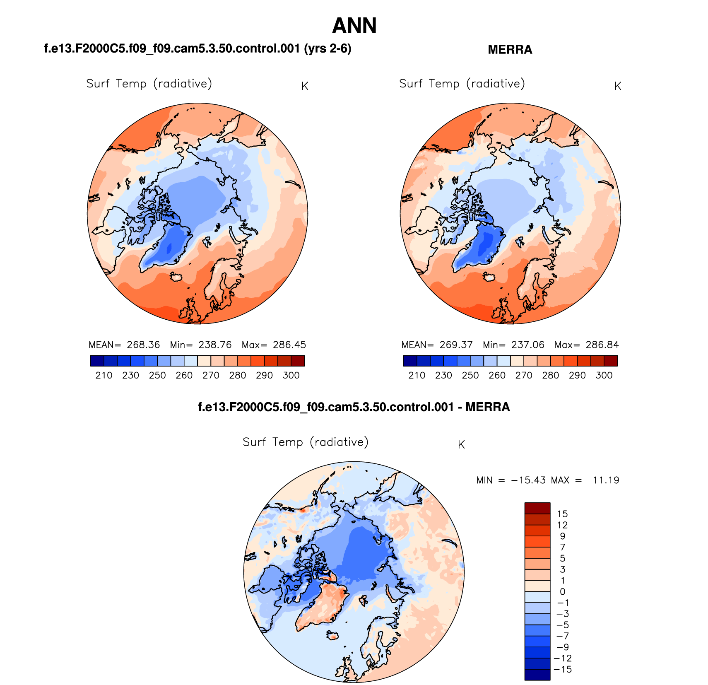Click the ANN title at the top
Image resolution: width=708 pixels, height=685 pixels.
(x=354, y=26)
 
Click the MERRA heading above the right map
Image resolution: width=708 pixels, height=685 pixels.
(x=510, y=50)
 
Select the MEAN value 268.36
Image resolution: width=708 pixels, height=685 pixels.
(x=143, y=345)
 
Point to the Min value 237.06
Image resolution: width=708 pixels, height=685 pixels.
(x=527, y=345)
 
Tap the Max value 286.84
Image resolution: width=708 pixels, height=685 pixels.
(x=602, y=345)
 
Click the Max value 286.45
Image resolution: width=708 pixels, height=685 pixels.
(x=289, y=345)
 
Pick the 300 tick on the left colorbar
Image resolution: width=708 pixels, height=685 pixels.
(x=291, y=375)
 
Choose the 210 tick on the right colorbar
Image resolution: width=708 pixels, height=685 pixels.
(x=417, y=375)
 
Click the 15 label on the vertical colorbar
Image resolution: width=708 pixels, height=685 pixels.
(x=562, y=514)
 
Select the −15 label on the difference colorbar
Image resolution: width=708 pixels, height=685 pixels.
(x=563, y=669)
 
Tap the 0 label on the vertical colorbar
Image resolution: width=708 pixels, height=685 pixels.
(x=562, y=592)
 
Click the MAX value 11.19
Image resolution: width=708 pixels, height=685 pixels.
(x=606, y=480)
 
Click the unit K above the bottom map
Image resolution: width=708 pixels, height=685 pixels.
(x=461, y=445)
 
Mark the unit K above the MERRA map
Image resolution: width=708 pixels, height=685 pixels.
(x=618, y=87)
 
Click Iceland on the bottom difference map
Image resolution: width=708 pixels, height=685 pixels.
(x=332, y=635)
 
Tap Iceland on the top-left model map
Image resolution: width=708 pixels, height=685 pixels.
(x=176, y=277)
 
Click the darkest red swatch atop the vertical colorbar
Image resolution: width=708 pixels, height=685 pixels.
(x=537, y=508)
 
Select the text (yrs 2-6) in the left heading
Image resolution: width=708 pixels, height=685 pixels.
(x=328, y=49)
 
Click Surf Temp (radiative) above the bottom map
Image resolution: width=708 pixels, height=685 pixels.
(x=306, y=442)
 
